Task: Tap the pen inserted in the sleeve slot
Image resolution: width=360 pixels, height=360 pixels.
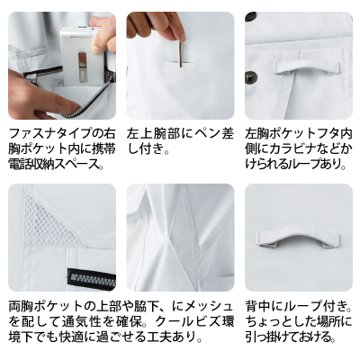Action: coord(181,54)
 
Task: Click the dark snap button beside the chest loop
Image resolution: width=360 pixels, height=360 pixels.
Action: coord(249,76)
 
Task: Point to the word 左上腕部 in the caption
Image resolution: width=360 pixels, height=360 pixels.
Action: coord(152,134)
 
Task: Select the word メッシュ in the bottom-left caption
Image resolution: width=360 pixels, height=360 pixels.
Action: coord(209,306)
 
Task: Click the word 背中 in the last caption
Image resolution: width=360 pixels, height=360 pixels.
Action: coord(257,306)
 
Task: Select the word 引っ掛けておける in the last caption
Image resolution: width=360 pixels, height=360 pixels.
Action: coord(288,337)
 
